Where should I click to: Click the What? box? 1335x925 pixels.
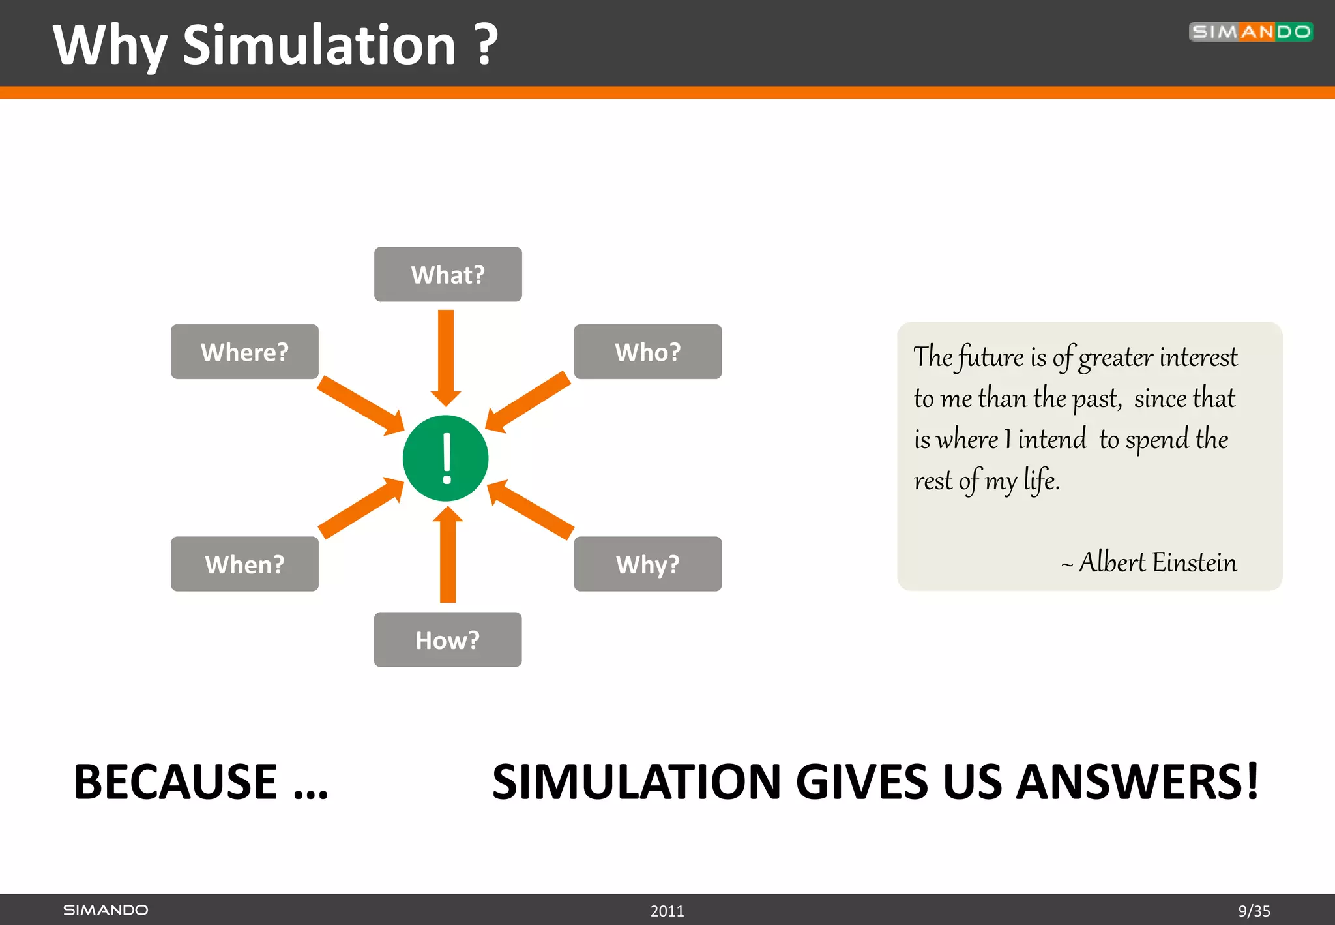coord(448,275)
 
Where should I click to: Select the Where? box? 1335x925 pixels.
coord(244,352)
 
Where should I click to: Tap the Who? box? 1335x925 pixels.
coord(647,352)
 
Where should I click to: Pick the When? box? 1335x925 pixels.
coord(244,564)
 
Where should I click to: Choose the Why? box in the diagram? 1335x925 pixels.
coord(647,564)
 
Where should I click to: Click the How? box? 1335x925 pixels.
coord(448,640)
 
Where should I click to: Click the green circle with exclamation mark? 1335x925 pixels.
coord(446,459)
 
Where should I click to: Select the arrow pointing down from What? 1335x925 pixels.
coord(446,356)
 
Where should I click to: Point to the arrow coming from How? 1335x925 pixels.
coord(448,554)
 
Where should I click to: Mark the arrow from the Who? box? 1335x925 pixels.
coord(529,401)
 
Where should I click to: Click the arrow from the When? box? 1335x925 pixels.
coord(360,508)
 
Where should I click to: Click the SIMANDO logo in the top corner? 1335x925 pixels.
coord(1250,32)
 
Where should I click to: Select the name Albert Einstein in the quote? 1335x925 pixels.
coord(1157,562)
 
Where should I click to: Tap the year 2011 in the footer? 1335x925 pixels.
coord(667,911)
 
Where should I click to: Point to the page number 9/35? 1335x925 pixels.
coord(1254,911)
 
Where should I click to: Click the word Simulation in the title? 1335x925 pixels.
coord(319,46)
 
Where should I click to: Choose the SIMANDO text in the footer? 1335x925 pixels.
coord(106,910)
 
